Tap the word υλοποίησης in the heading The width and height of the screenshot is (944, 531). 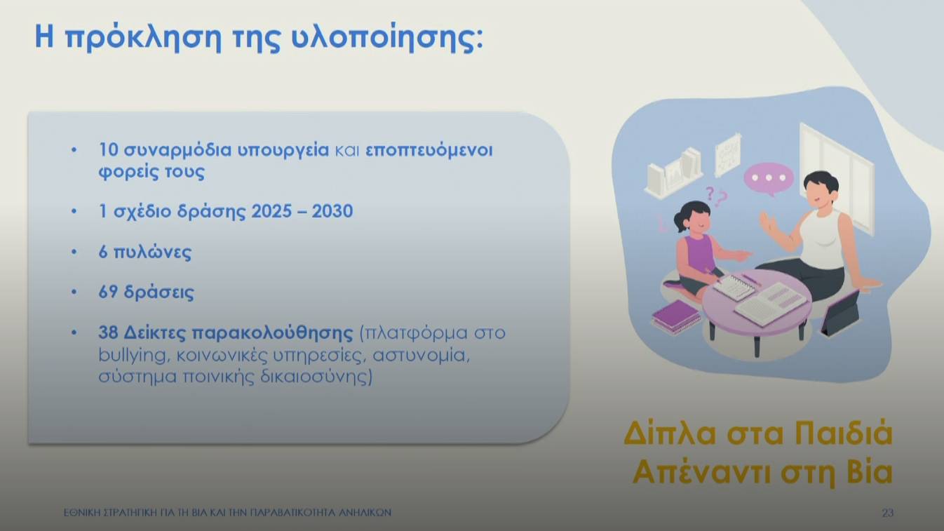[386, 39]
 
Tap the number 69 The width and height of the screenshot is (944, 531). [108, 293]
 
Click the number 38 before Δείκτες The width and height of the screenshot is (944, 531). [109, 332]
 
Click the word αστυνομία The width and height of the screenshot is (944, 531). [420, 355]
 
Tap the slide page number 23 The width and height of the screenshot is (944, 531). [887, 513]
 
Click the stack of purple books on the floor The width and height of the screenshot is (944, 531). [675, 317]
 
